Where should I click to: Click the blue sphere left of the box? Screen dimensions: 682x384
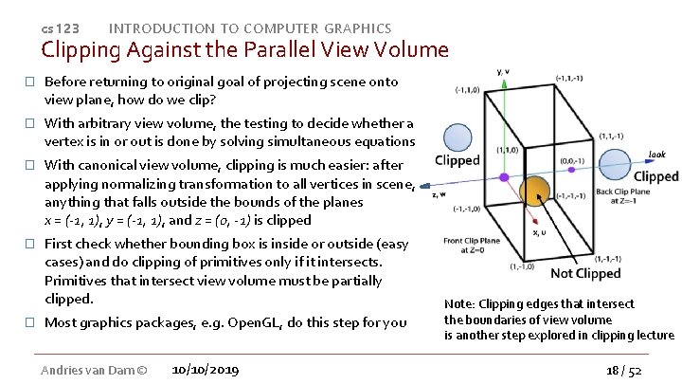point(458,137)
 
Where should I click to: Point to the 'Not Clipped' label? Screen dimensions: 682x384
point(584,273)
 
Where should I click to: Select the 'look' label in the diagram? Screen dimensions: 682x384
point(656,154)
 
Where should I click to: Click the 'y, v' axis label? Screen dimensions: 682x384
point(504,70)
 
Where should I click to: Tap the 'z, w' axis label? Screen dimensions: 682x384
point(440,194)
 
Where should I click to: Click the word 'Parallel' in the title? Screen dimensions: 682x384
point(256,48)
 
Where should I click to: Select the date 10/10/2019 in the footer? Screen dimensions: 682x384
point(206,368)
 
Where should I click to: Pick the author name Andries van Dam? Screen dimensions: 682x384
point(88,368)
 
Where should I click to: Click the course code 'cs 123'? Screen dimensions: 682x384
point(60,29)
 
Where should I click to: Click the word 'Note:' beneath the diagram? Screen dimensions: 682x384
point(460,304)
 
